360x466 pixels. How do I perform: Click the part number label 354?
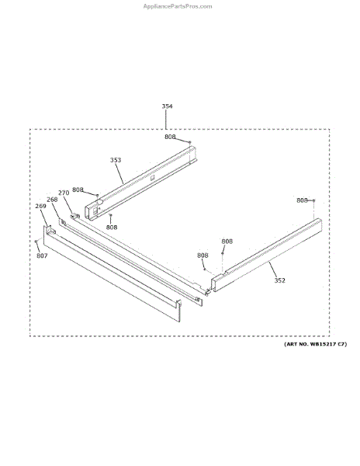coord(167,106)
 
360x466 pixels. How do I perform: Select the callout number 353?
coord(116,160)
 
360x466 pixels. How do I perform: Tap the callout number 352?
coord(279,280)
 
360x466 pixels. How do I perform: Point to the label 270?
coord(64,193)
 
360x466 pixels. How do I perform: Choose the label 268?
coord(52,200)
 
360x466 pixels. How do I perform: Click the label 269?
coord(40,206)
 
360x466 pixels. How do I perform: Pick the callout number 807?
coord(42,256)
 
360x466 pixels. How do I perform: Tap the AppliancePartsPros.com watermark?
coord(178,6)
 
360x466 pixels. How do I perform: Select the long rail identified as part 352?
coord(266,255)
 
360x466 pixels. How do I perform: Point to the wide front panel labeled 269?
coord(112,273)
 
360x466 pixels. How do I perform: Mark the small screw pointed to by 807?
coord(36,242)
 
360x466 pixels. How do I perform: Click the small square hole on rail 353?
coord(152,178)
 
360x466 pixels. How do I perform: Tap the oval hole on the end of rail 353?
coord(100,202)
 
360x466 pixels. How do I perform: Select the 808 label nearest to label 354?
coord(170,137)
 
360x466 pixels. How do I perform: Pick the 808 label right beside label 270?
coord(78,190)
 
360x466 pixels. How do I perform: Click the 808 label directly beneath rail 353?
coord(112,227)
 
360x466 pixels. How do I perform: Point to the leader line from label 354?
coord(165,120)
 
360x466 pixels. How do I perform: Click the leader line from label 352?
coord(273,269)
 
